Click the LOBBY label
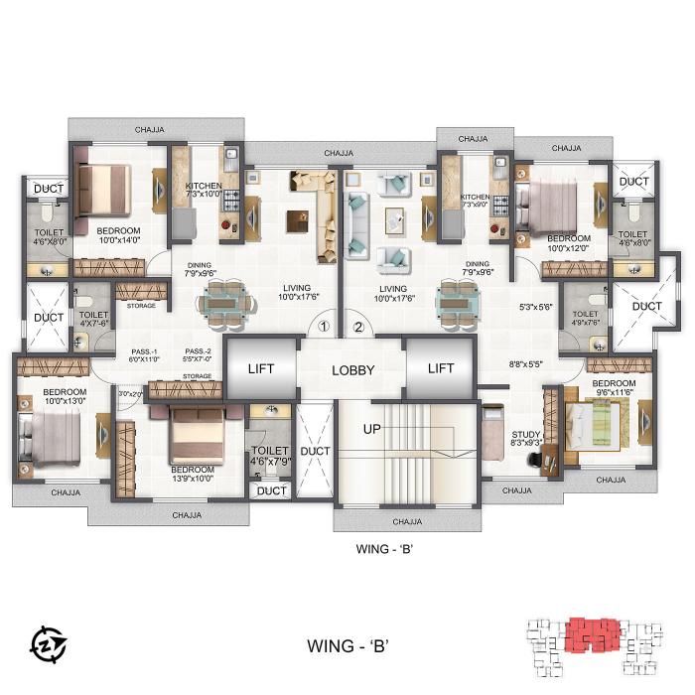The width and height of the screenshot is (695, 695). (x=352, y=369)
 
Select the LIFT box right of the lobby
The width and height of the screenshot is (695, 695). (x=440, y=368)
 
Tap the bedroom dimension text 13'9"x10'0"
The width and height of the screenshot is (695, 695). (x=193, y=474)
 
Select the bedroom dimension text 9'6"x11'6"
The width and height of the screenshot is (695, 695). (x=614, y=389)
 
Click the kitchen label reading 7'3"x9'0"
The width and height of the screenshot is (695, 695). (x=475, y=202)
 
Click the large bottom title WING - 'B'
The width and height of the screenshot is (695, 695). (x=347, y=644)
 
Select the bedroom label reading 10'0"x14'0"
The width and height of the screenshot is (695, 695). (x=118, y=235)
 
